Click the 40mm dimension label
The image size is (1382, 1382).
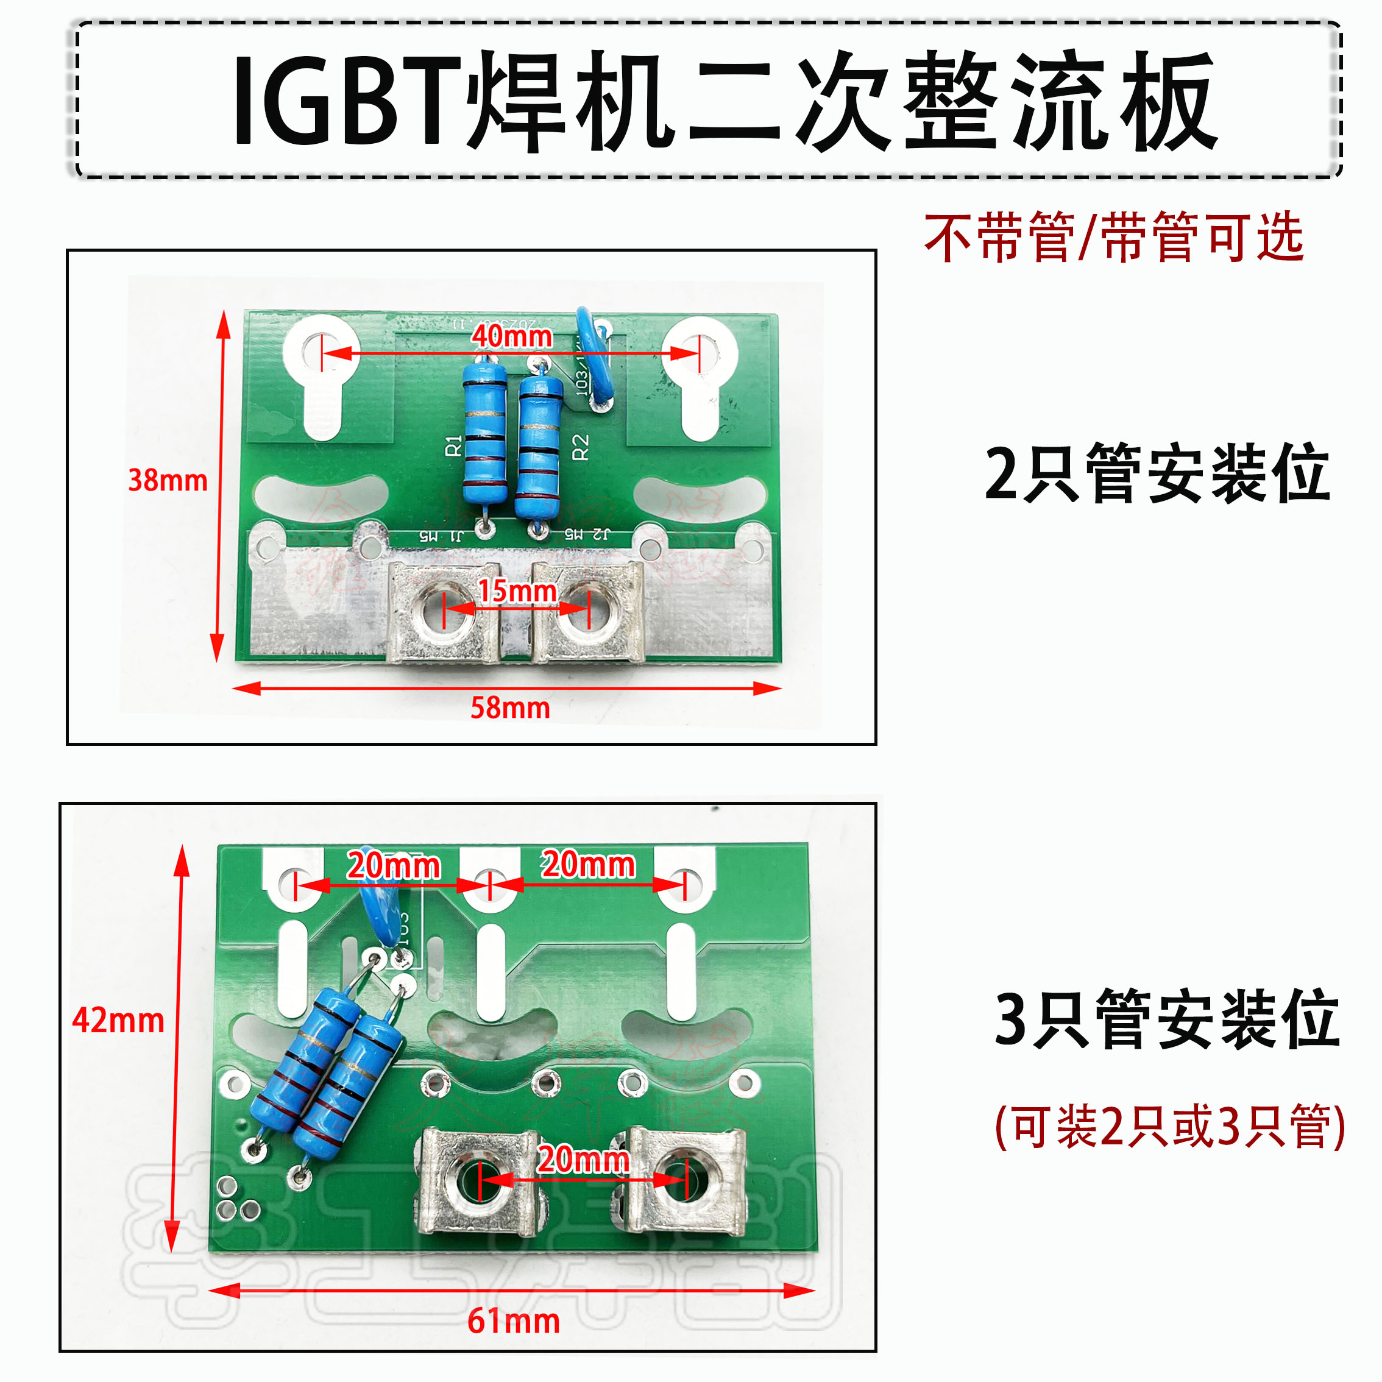(511, 336)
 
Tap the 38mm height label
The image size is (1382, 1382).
(168, 480)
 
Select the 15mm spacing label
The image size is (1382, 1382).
(517, 591)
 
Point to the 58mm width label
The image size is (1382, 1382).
(509, 708)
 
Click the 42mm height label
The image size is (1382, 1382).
(118, 1020)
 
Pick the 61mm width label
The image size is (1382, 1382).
(513, 1321)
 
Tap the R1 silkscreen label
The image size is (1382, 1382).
(453, 445)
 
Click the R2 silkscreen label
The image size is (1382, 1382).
(580, 447)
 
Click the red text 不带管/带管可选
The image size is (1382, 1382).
(1114, 238)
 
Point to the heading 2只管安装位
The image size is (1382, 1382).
(1157, 473)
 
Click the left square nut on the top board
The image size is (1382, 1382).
(444, 612)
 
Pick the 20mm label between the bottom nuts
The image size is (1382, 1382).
(583, 1160)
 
